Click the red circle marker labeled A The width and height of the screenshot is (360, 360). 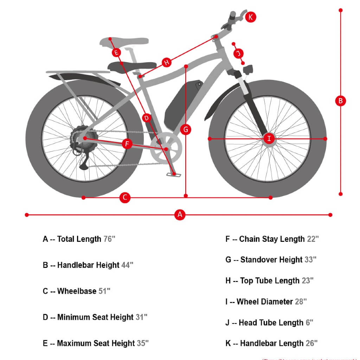tap(180, 214)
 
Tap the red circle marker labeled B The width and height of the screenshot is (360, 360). tap(340, 101)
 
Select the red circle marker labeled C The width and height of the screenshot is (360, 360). tap(125, 198)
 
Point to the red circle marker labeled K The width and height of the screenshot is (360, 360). tap(251, 17)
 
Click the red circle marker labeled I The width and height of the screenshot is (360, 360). tap(269, 139)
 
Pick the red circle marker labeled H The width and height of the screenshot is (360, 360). tap(167, 63)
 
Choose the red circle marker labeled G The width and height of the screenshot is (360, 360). tap(186, 129)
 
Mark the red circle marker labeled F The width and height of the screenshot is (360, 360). tap(127, 144)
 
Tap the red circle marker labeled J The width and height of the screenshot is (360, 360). tap(238, 53)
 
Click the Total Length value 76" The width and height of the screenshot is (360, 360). tap(109, 239)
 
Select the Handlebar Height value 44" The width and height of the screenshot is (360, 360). tap(127, 265)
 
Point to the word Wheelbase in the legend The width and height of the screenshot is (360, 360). tap(77, 291)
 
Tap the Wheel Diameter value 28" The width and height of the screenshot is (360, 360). tap(301, 302)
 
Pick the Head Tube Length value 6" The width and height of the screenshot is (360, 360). tap(310, 322)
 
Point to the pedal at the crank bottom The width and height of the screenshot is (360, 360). tap(174, 174)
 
